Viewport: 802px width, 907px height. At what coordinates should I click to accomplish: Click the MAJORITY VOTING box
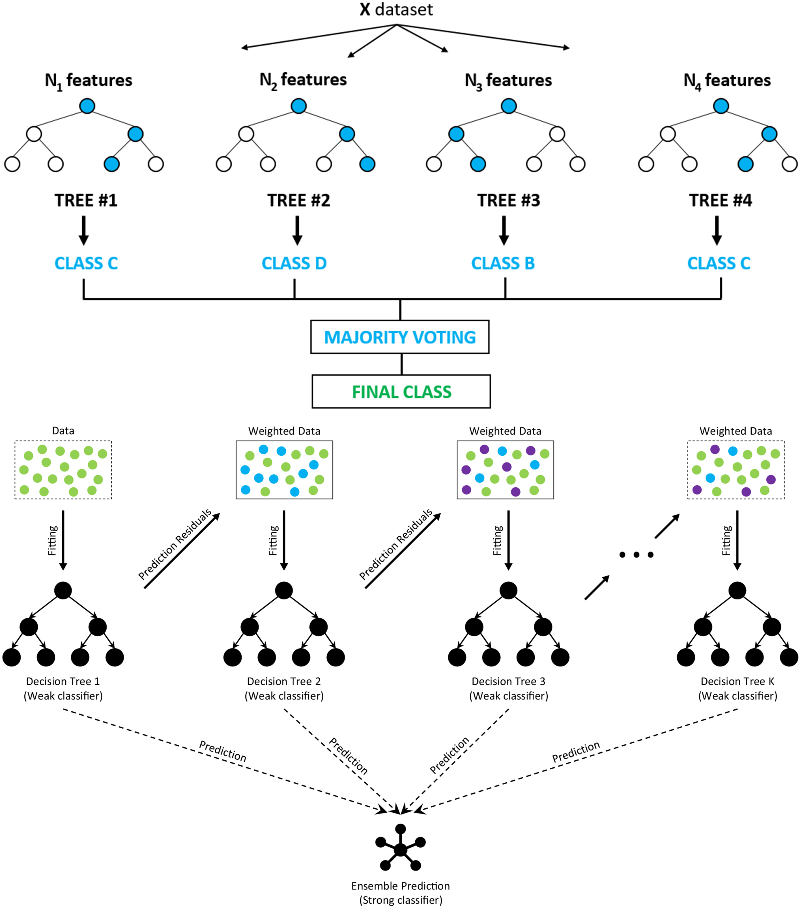click(400, 337)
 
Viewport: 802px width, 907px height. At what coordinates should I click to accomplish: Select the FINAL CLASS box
click(401, 392)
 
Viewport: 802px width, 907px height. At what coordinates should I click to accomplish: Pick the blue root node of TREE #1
click(87, 106)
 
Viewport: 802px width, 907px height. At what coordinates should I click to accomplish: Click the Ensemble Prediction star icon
click(400, 849)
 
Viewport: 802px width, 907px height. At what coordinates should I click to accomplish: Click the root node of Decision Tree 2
click(284, 590)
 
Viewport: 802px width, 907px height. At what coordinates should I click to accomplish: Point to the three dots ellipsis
click(636, 555)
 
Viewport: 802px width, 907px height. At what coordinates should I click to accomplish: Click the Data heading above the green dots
click(63, 430)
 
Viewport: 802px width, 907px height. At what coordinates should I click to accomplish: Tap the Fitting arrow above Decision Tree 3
click(508, 540)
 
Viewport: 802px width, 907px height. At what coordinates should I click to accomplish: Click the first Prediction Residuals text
click(175, 544)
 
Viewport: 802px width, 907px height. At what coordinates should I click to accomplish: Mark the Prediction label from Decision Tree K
click(576, 752)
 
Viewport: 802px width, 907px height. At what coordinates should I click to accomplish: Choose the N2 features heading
click(303, 80)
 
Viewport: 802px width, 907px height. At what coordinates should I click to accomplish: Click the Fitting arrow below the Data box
click(63, 540)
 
